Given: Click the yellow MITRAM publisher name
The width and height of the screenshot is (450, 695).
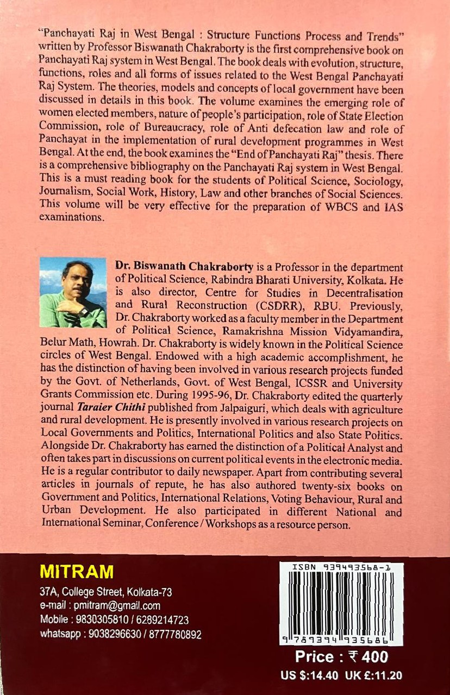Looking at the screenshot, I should click(x=77, y=572).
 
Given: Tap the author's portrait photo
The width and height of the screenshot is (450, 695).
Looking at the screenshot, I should click(x=73, y=292).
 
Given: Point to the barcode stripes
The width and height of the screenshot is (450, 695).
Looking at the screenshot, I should click(x=341, y=600).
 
